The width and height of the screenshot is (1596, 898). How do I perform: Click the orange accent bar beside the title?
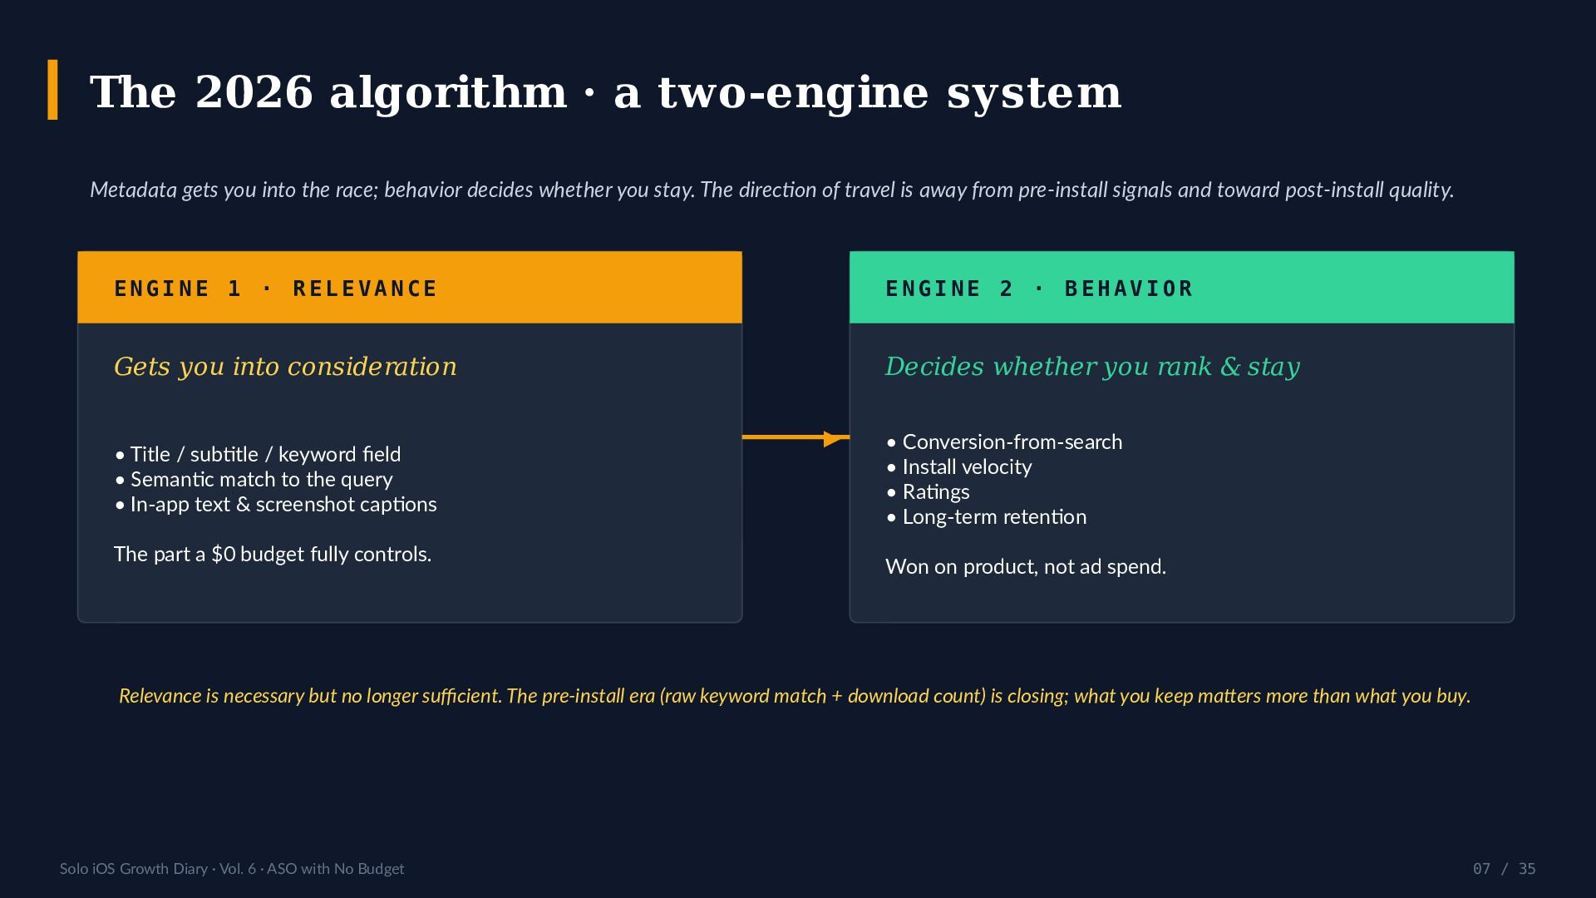pos(52,90)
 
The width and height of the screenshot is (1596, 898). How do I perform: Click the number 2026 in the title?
pos(254,92)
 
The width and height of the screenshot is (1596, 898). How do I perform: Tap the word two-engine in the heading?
pos(793,93)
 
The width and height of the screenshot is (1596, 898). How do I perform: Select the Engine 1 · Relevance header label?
pos(275,289)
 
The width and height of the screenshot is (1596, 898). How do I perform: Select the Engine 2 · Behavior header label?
pos(1039,289)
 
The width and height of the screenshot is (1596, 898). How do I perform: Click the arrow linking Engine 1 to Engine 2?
pos(796,437)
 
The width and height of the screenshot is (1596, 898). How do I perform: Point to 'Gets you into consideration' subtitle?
pos(285,367)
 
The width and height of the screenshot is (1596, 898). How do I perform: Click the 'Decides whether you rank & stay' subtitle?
pos(1092,367)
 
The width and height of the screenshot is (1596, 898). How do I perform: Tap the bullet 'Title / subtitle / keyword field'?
pos(258,455)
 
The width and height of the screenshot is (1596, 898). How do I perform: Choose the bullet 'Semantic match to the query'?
pos(254,480)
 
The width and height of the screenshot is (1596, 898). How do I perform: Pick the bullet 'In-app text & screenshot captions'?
pos(276,505)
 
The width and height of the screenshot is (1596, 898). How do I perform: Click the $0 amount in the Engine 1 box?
pos(224,555)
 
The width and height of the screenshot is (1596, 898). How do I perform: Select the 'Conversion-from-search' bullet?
pos(1004,442)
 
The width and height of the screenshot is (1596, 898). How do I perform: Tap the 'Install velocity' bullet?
pos(959,467)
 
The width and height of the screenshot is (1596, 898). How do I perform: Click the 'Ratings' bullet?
pos(928,492)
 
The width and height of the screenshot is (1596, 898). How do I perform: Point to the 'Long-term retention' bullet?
pos(987,517)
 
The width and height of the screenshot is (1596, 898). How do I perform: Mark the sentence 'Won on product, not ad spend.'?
pos(1026,567)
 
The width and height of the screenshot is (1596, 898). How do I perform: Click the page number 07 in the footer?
pos(1481,869)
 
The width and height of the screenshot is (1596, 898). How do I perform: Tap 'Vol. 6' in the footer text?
pos(238,869)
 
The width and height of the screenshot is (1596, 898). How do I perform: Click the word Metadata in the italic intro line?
pos(133,190)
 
